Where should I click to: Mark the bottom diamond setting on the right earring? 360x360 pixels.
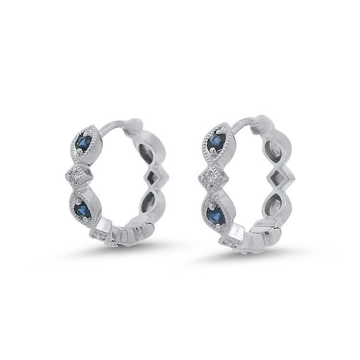point(229,239)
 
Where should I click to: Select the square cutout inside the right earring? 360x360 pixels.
point(280,178)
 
